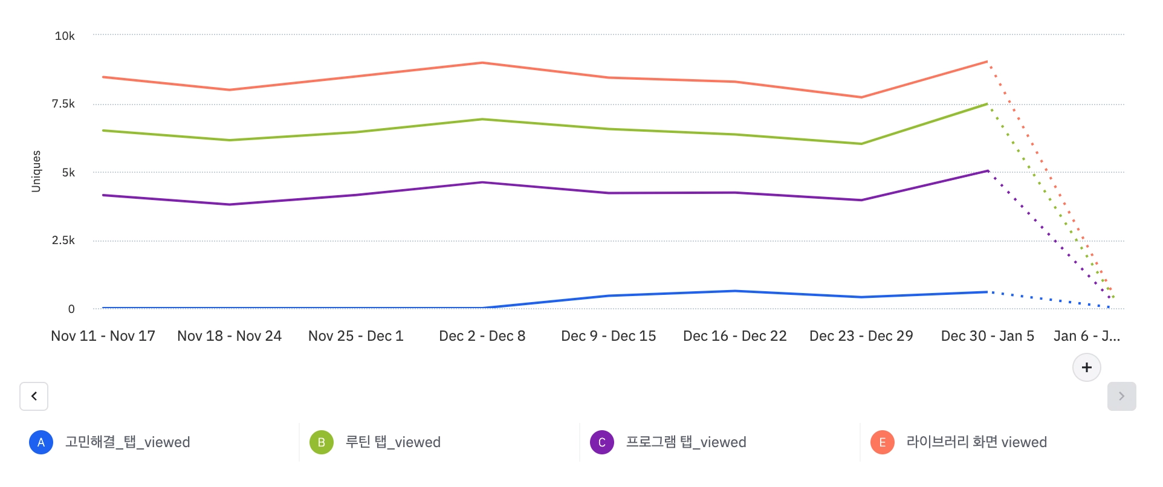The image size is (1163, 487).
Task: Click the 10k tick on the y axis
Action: [x=65, y=36]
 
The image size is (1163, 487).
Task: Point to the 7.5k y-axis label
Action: [x=63, y=104]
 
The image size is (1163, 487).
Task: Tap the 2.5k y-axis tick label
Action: [x=63, y=240]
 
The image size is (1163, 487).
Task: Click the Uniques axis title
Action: [x=36, y=172]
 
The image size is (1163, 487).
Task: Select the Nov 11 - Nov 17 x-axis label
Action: [x=103, y=336]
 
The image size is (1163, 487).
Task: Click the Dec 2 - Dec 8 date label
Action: [x=482, y=336]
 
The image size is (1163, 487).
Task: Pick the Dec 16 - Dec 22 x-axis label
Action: [x=735, y=336]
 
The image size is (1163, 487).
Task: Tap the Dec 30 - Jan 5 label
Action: [x=988, y=336]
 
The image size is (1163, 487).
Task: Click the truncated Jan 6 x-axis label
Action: [x=1087, y=336]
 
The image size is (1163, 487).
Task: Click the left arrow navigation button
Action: [x=34, y=396]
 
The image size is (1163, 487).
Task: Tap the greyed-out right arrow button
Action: [x=1121, y=396]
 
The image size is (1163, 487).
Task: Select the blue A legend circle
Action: [x=41, y=442]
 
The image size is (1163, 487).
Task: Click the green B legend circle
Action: [x=322, y=442]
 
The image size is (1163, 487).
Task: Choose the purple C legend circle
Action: [x=602, y=442]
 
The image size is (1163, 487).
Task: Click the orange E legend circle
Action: [x=883, y=442]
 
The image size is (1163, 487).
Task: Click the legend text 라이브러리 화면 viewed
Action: [x=976, y=442]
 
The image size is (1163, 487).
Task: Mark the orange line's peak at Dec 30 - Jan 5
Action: [x=987, y=62]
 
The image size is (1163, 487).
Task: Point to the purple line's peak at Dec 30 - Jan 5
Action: [x=987, y=171]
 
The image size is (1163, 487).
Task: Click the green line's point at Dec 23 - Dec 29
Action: [x=861, y=144]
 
